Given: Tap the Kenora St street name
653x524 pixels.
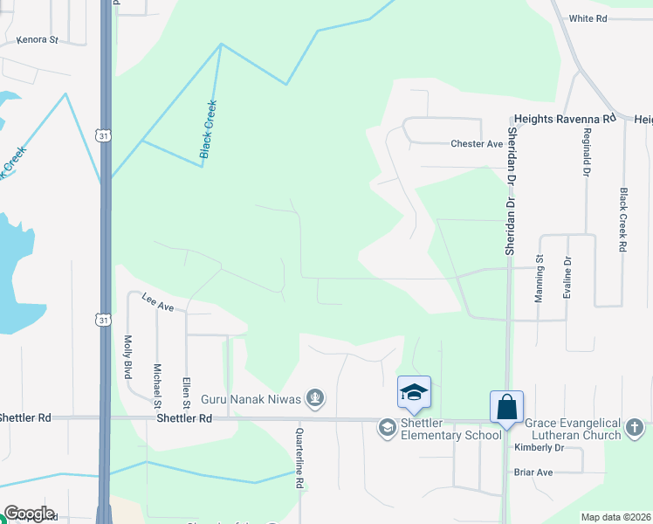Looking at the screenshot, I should [37, 40].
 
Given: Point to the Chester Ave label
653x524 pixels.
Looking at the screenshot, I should [477, 144].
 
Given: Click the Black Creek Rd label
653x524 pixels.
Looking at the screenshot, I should [623, 221].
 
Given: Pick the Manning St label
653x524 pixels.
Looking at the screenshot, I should [540, 279].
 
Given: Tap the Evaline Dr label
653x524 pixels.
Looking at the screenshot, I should [567, 279].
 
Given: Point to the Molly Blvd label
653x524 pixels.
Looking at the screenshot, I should [128, 356].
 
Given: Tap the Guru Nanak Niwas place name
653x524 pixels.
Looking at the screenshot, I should [251, 400].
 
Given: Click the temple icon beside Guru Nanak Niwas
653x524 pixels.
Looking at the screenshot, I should [315, 400].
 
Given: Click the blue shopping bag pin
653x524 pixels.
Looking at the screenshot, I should [506, 407].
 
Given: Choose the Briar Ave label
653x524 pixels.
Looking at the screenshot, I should [533, 472].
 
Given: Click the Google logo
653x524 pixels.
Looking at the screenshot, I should [28, 514].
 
